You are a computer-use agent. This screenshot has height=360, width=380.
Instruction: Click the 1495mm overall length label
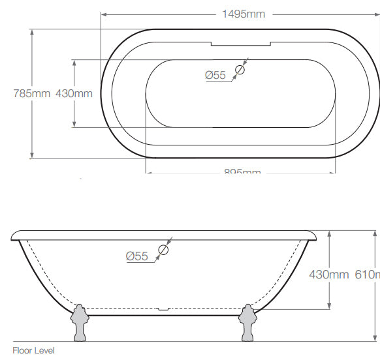tap(243, 14)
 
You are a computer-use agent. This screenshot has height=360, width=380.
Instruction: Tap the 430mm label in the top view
tap(74, 93)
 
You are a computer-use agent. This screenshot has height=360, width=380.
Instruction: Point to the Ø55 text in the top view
tap(215, 76)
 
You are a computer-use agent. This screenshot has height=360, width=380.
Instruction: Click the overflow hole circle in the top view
tap(240, 69)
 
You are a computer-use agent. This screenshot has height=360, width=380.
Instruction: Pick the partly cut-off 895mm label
tap(242, 172)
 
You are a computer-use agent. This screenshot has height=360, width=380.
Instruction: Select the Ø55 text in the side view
tap(137, 256)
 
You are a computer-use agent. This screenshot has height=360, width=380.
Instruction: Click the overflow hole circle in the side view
tap(163, 249)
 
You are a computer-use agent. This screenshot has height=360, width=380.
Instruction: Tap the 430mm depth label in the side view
tap(328, 275)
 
